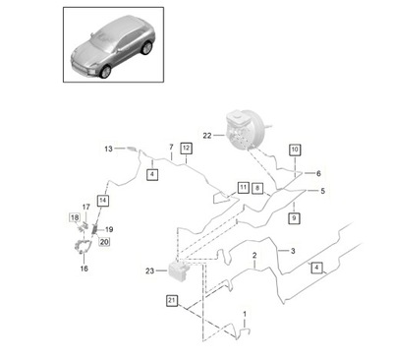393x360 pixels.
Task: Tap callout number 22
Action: tap(207, 135)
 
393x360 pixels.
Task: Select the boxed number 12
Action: tap(186, 148)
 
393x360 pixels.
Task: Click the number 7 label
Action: tap(171, 148)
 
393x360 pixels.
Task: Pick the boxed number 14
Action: tap(103, 200)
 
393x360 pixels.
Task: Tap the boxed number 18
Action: tap(74, 216)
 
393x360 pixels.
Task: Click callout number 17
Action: tap(85, 206)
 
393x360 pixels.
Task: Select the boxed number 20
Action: tap(105, 241)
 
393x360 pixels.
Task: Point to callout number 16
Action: tap(84, 267)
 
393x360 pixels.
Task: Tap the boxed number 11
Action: tap(243, 186)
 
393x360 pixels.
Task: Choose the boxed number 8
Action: tap(257, 186)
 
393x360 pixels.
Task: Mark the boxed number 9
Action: tap(294, 217)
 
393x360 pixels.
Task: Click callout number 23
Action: tap(148, 269)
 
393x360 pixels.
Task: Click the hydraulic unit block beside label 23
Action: tap(178, 270)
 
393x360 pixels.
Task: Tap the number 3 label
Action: tap(292, 251)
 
